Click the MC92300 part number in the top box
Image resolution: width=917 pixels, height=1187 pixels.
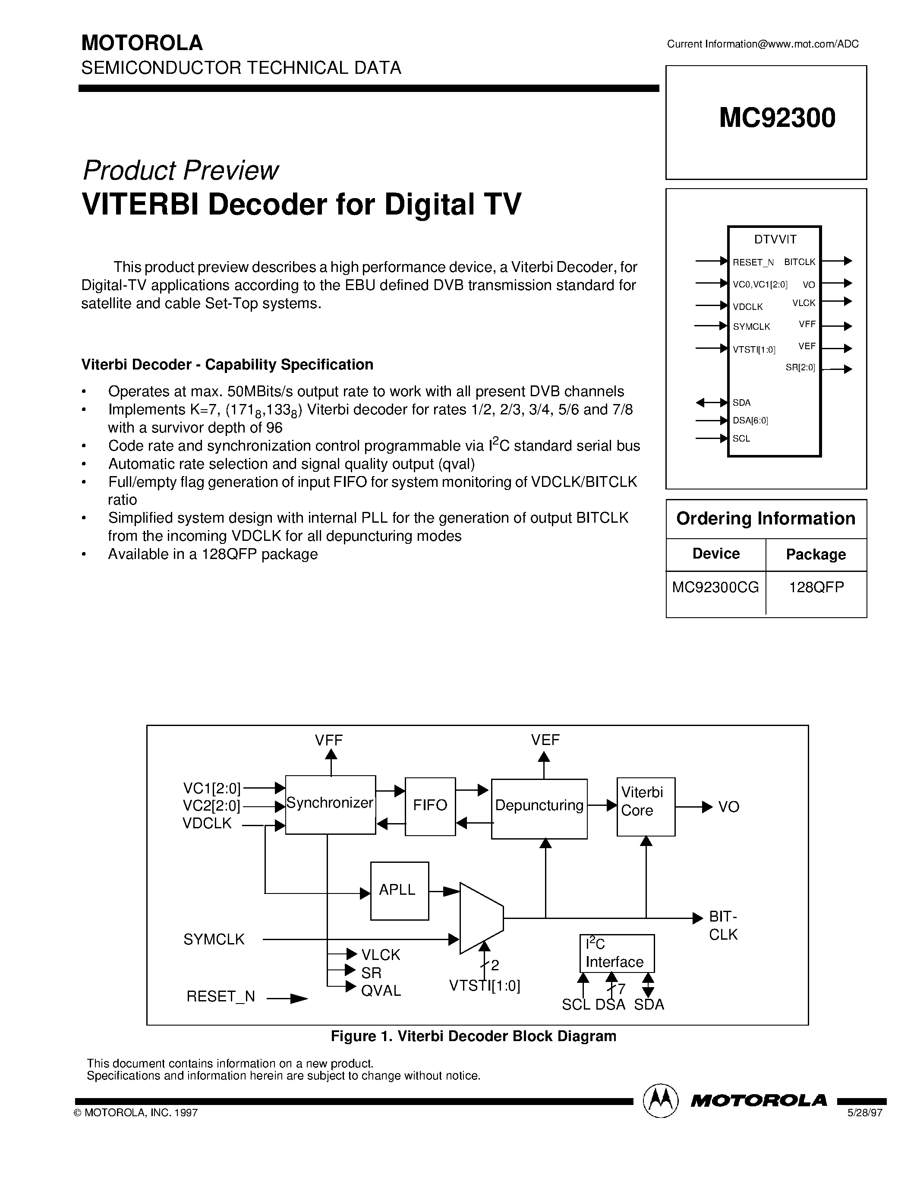(x=777, y=118)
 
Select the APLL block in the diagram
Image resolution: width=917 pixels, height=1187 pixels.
(x=399, y=890)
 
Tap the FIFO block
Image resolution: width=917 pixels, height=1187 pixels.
(x=430, y=805)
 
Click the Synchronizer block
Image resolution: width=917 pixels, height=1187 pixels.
(x=330, y=804)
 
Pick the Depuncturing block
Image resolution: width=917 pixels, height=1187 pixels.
(x=539, y=806)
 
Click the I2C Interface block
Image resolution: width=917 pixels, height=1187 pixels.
(x=617, y=953)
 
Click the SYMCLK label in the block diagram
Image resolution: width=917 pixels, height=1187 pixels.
(x=214, y=940)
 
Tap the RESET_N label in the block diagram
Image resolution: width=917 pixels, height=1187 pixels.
(x=221, y=996)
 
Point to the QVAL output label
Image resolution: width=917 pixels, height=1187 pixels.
(x=381, y=991)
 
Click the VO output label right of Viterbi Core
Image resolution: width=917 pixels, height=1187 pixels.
(x=728, y=807)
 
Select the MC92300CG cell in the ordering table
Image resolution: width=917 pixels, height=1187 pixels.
(x=715, y=587)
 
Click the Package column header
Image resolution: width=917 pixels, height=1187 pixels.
(x=816, y=554)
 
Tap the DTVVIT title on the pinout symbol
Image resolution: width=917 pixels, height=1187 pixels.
(x=775, y=239)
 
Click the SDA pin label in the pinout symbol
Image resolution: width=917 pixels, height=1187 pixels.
(x=741, y=403)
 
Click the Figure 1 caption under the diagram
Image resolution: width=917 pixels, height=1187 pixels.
(x=473, y=1036)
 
